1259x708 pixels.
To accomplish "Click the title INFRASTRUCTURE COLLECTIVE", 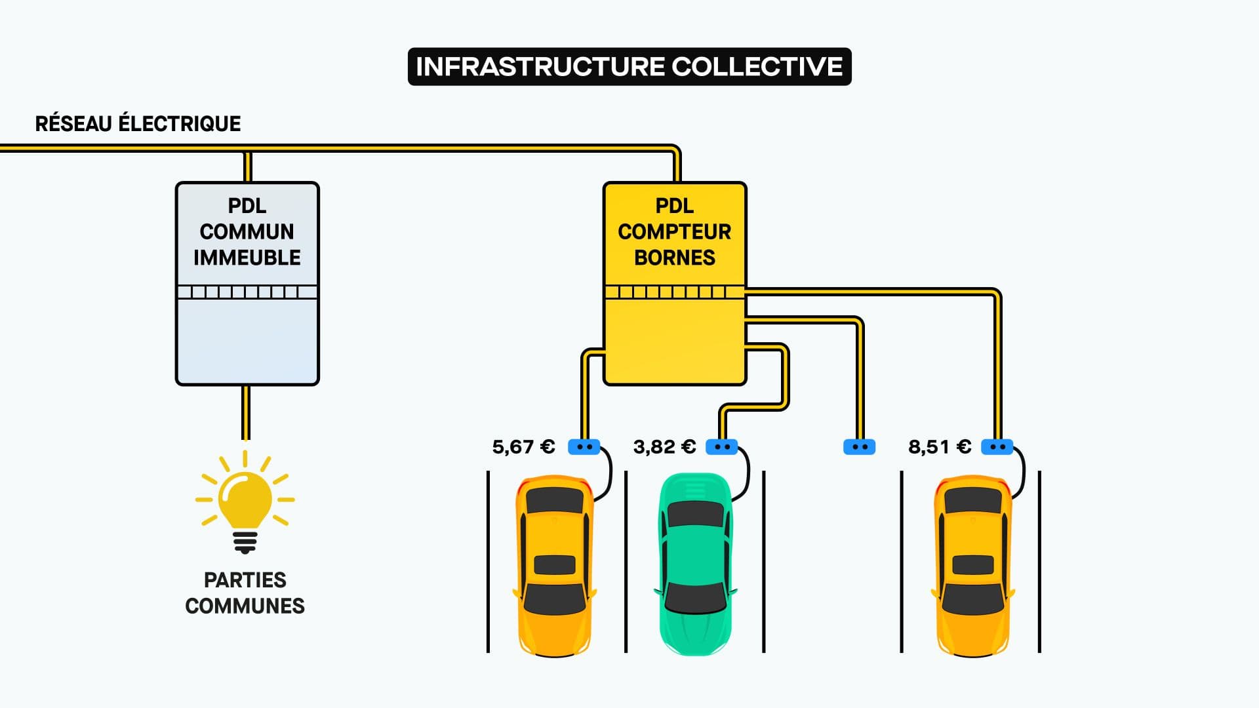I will coord(629,66).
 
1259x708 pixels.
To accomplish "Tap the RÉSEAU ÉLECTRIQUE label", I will coord(138,123).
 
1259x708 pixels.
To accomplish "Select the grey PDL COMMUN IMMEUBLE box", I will coord(247,341).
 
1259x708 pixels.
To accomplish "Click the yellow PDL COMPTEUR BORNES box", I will coord(675,341).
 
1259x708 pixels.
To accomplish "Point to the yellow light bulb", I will coord(245,501).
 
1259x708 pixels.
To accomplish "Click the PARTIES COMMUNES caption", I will coord(245,593).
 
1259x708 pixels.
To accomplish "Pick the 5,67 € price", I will coord(523,447).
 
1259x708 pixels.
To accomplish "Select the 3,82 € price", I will coord(664,447).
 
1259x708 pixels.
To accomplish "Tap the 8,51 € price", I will coord(939,447).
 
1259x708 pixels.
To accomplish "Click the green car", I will coord(695,564).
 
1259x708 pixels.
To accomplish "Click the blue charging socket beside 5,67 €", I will coord(584,447).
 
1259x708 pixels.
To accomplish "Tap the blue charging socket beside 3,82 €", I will coord(721,447).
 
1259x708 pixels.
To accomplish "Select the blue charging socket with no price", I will coord(859,447).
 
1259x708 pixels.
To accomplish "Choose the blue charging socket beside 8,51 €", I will coord(997,447).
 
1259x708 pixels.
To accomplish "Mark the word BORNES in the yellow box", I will coord(675,258).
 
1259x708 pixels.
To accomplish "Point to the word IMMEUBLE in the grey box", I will coord(247,258).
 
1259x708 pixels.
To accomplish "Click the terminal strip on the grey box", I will coord(247,292).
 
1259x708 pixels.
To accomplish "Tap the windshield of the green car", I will coord(695,515).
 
